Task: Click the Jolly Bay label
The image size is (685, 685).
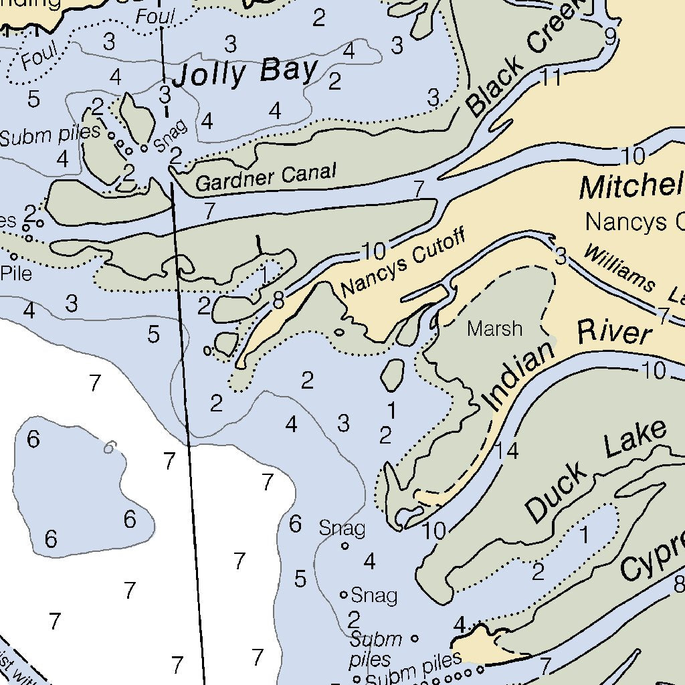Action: [245, 72]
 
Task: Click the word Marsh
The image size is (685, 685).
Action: [495, 328]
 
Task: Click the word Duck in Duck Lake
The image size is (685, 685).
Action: [558, 492]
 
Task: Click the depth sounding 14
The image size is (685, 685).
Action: [508, 451]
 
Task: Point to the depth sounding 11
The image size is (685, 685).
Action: [551, 78]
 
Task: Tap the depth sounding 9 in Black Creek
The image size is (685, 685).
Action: [610, 37]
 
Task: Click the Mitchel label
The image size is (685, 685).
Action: [631, 186]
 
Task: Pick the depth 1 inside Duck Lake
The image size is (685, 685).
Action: [585, 535]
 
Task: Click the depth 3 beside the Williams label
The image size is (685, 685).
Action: [561, 255]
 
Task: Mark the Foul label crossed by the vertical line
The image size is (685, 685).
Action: [155, 17]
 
